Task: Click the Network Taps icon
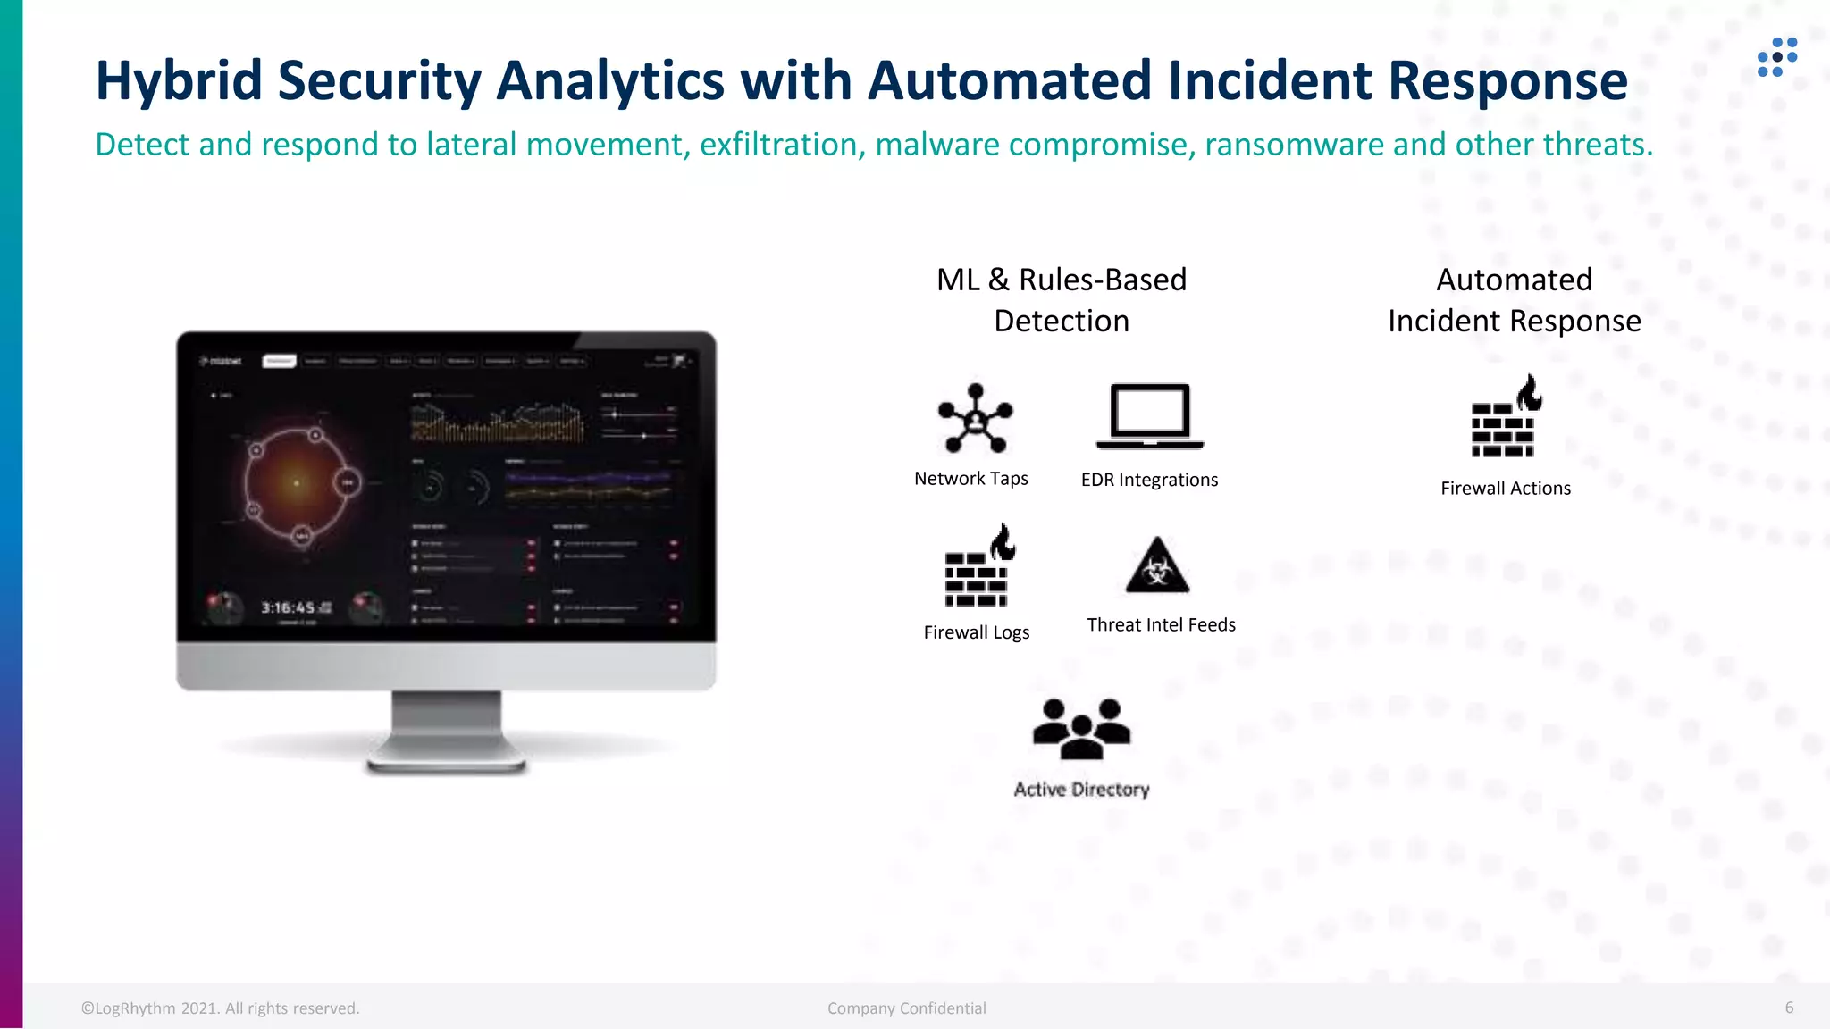[x=975, y=418]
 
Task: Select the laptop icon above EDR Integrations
[x=1150, y=416]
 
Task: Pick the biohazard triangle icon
[x=1157, y=566]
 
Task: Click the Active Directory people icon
[x=1081, y=729]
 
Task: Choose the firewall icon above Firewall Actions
[x=1506, y=418]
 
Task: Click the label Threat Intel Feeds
[x=1161, y=625]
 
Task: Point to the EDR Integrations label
[x=1149, y=480]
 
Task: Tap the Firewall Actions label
[x=1506, y=489]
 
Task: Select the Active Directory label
[x=1081, y=790]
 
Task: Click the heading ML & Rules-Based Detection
[x=1062, y=300]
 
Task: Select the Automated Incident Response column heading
[x=1514, y=300]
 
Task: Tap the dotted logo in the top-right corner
[x=1776, y=57]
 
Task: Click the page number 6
[x=1789, y=1008]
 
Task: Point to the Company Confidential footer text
[x=906, y=1008]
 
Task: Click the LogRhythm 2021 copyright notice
[x=221, y=1008]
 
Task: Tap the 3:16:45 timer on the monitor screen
[x=289, y=608]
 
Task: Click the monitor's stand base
[x=446, y=764]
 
